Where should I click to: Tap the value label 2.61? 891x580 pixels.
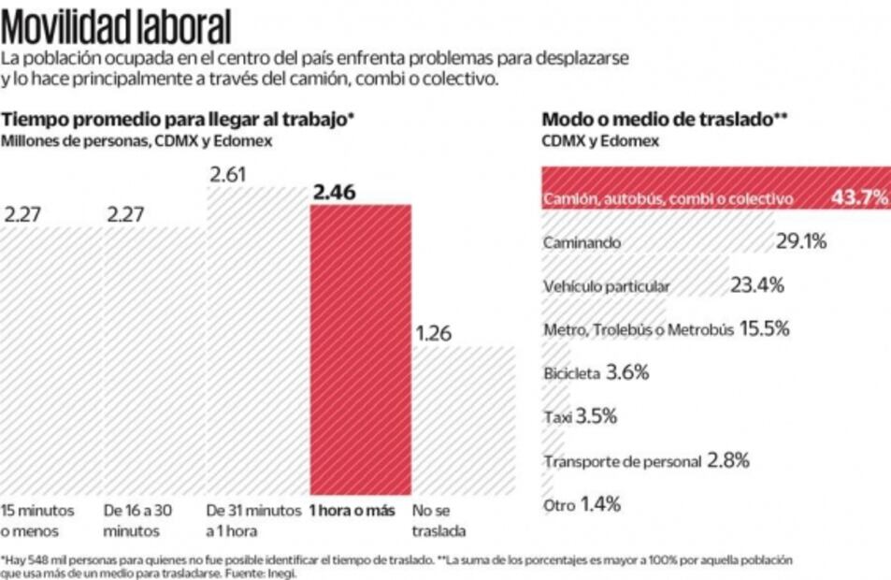pos(227,175)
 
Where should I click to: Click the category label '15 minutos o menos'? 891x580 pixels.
pos(36,519)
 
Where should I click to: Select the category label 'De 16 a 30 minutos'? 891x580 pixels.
pos(138,519)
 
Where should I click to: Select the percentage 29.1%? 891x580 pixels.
pos(801,241)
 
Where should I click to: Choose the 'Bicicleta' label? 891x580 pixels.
pos(571,373)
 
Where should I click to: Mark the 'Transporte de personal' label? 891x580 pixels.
pos(622,461)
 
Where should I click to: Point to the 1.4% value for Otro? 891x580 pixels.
pos(600,505)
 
